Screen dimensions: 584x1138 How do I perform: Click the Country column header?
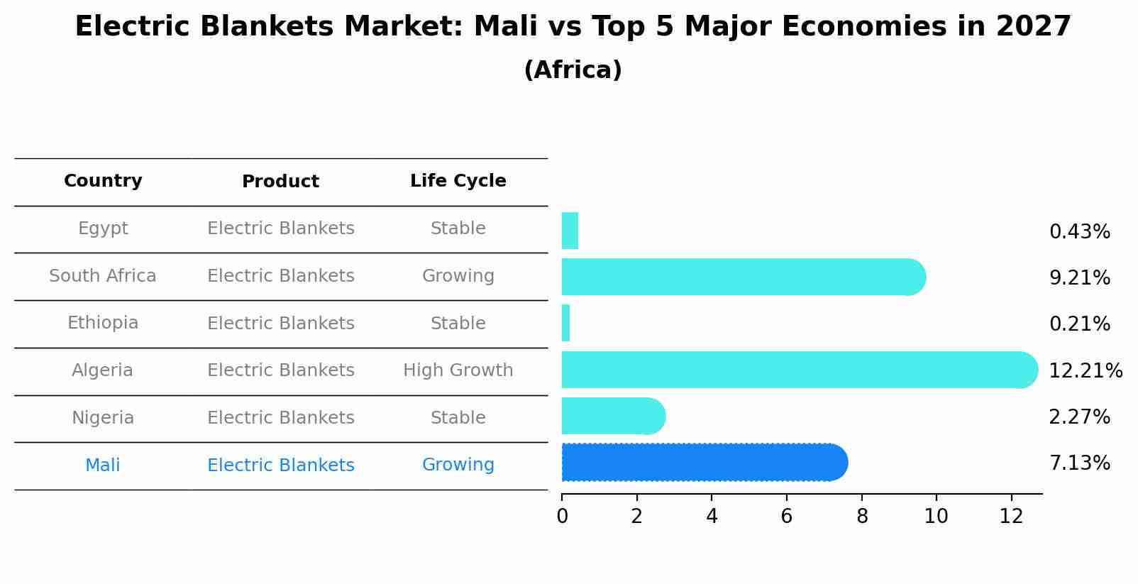click(x=103, y=181)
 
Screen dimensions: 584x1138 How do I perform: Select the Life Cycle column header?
click(x=458, y=181)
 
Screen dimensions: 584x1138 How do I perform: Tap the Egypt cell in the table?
click(x=103, y=228)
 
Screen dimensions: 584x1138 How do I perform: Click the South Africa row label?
click(x=103, y=276)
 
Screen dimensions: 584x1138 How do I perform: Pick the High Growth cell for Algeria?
click(x=458, y=370)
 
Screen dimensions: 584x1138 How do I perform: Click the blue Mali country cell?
click(x=103, y=465)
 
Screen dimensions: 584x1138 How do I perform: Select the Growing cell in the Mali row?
click(x=458, y=465)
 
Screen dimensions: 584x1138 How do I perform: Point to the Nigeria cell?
click(x=103, y=418)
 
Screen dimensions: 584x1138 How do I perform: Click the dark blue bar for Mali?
click(x=702, y=463)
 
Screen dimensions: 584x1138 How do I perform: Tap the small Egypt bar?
click(x=570, y=231)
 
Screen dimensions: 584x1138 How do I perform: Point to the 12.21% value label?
click(x=1085, y=370)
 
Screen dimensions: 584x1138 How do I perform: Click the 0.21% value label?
click(x=1079, y=324)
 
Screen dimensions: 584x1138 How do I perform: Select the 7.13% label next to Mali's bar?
click(x=1079, y=463)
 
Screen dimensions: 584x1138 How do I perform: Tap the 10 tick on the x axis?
click(x=936, y=517)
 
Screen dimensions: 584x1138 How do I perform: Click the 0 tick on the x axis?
click(x=562, y=517)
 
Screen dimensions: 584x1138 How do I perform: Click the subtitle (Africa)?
click(x=573, y=70)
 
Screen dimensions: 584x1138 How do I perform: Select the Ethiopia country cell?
click(x=103, y=323)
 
